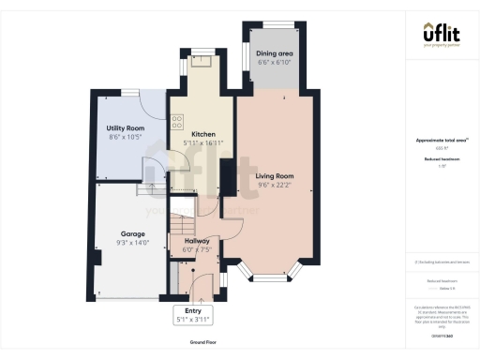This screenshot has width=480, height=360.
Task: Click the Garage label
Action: point(131,233)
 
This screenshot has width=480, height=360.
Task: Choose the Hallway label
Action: point(196,241)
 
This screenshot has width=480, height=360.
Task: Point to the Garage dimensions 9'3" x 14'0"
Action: point(131,243)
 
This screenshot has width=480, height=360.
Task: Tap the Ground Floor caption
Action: point(203,343)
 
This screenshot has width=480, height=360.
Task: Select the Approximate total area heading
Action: point(441,140)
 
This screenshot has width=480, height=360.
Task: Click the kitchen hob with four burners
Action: point(176,120)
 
